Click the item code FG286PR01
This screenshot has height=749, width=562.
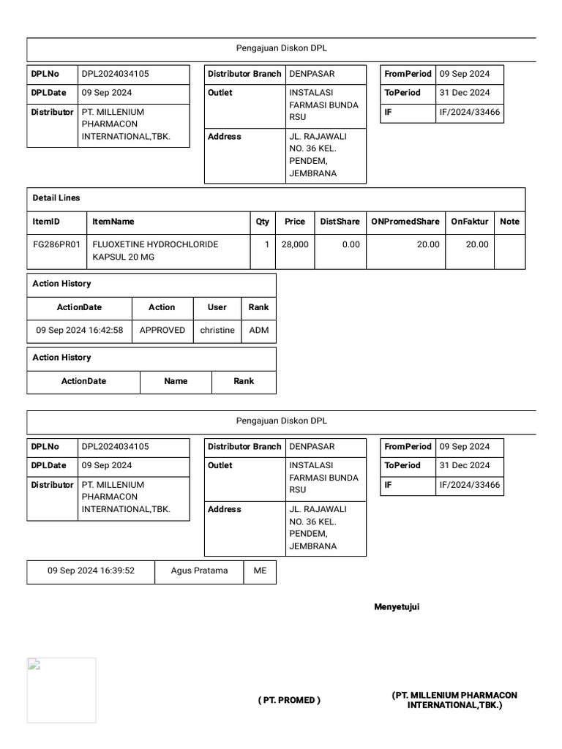pos(57,244)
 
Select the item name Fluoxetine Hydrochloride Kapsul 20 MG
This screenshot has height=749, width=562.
pos(154,251)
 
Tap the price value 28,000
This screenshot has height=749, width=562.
pos(295,244)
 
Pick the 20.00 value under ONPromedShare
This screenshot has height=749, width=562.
pos(428,244)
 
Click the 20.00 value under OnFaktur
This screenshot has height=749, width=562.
pos(477,244)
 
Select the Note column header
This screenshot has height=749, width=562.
pos(509,222)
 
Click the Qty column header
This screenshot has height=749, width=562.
pos(263,222)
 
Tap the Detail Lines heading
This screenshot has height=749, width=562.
pos(56,198)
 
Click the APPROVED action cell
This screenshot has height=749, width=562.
pos(162,331)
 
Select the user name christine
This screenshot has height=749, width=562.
pos(217,331)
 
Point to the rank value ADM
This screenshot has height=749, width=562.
pos(259,331)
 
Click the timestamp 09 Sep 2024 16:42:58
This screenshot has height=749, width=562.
pos(80,331)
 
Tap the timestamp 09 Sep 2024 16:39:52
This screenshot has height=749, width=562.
pos(91,571)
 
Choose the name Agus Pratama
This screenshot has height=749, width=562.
pos(199,571)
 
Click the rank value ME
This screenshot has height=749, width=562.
pos(261,571)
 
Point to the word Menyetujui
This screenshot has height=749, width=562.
pos(397,607)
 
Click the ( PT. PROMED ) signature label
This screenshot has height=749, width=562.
pos(289,701)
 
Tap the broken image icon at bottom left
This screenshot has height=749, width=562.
pos(34,665)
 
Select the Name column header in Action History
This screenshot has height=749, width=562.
pos(176,381)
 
